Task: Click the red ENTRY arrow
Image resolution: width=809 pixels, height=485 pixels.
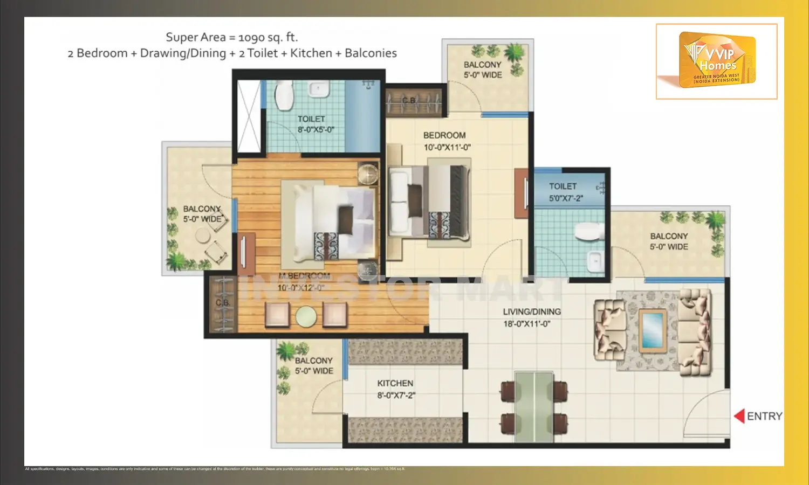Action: tap(739, 416)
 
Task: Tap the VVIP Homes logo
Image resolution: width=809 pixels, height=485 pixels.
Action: tap(717, 61)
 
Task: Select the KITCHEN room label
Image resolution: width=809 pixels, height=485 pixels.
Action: tap(395, 383)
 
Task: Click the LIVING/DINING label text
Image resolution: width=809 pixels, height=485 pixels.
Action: tap(532, 311)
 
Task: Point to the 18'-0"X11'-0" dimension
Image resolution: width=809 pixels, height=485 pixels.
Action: tap(527, 324)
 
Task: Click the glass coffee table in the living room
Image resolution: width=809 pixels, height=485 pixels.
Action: tap(652, 330)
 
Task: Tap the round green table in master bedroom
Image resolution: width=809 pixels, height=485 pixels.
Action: tap(306, 316)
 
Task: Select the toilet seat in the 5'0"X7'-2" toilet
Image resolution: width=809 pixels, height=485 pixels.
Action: tap(589, 232)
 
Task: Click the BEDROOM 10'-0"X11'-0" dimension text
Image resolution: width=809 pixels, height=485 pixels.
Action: tap(447, 147)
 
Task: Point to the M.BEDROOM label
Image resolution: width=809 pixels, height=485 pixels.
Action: tap(304, 276)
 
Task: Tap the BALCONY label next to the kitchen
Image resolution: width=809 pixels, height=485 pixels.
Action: tap(313, 361)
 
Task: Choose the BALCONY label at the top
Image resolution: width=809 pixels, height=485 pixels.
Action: tap(482, 65)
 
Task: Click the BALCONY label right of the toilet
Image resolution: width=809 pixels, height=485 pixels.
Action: tap(669, 236)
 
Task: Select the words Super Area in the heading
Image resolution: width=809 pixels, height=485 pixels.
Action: tap(195, 37)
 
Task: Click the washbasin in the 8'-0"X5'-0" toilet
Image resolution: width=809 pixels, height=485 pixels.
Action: tap(318, 89)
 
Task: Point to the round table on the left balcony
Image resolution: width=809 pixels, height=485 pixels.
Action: tap(203, 235)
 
